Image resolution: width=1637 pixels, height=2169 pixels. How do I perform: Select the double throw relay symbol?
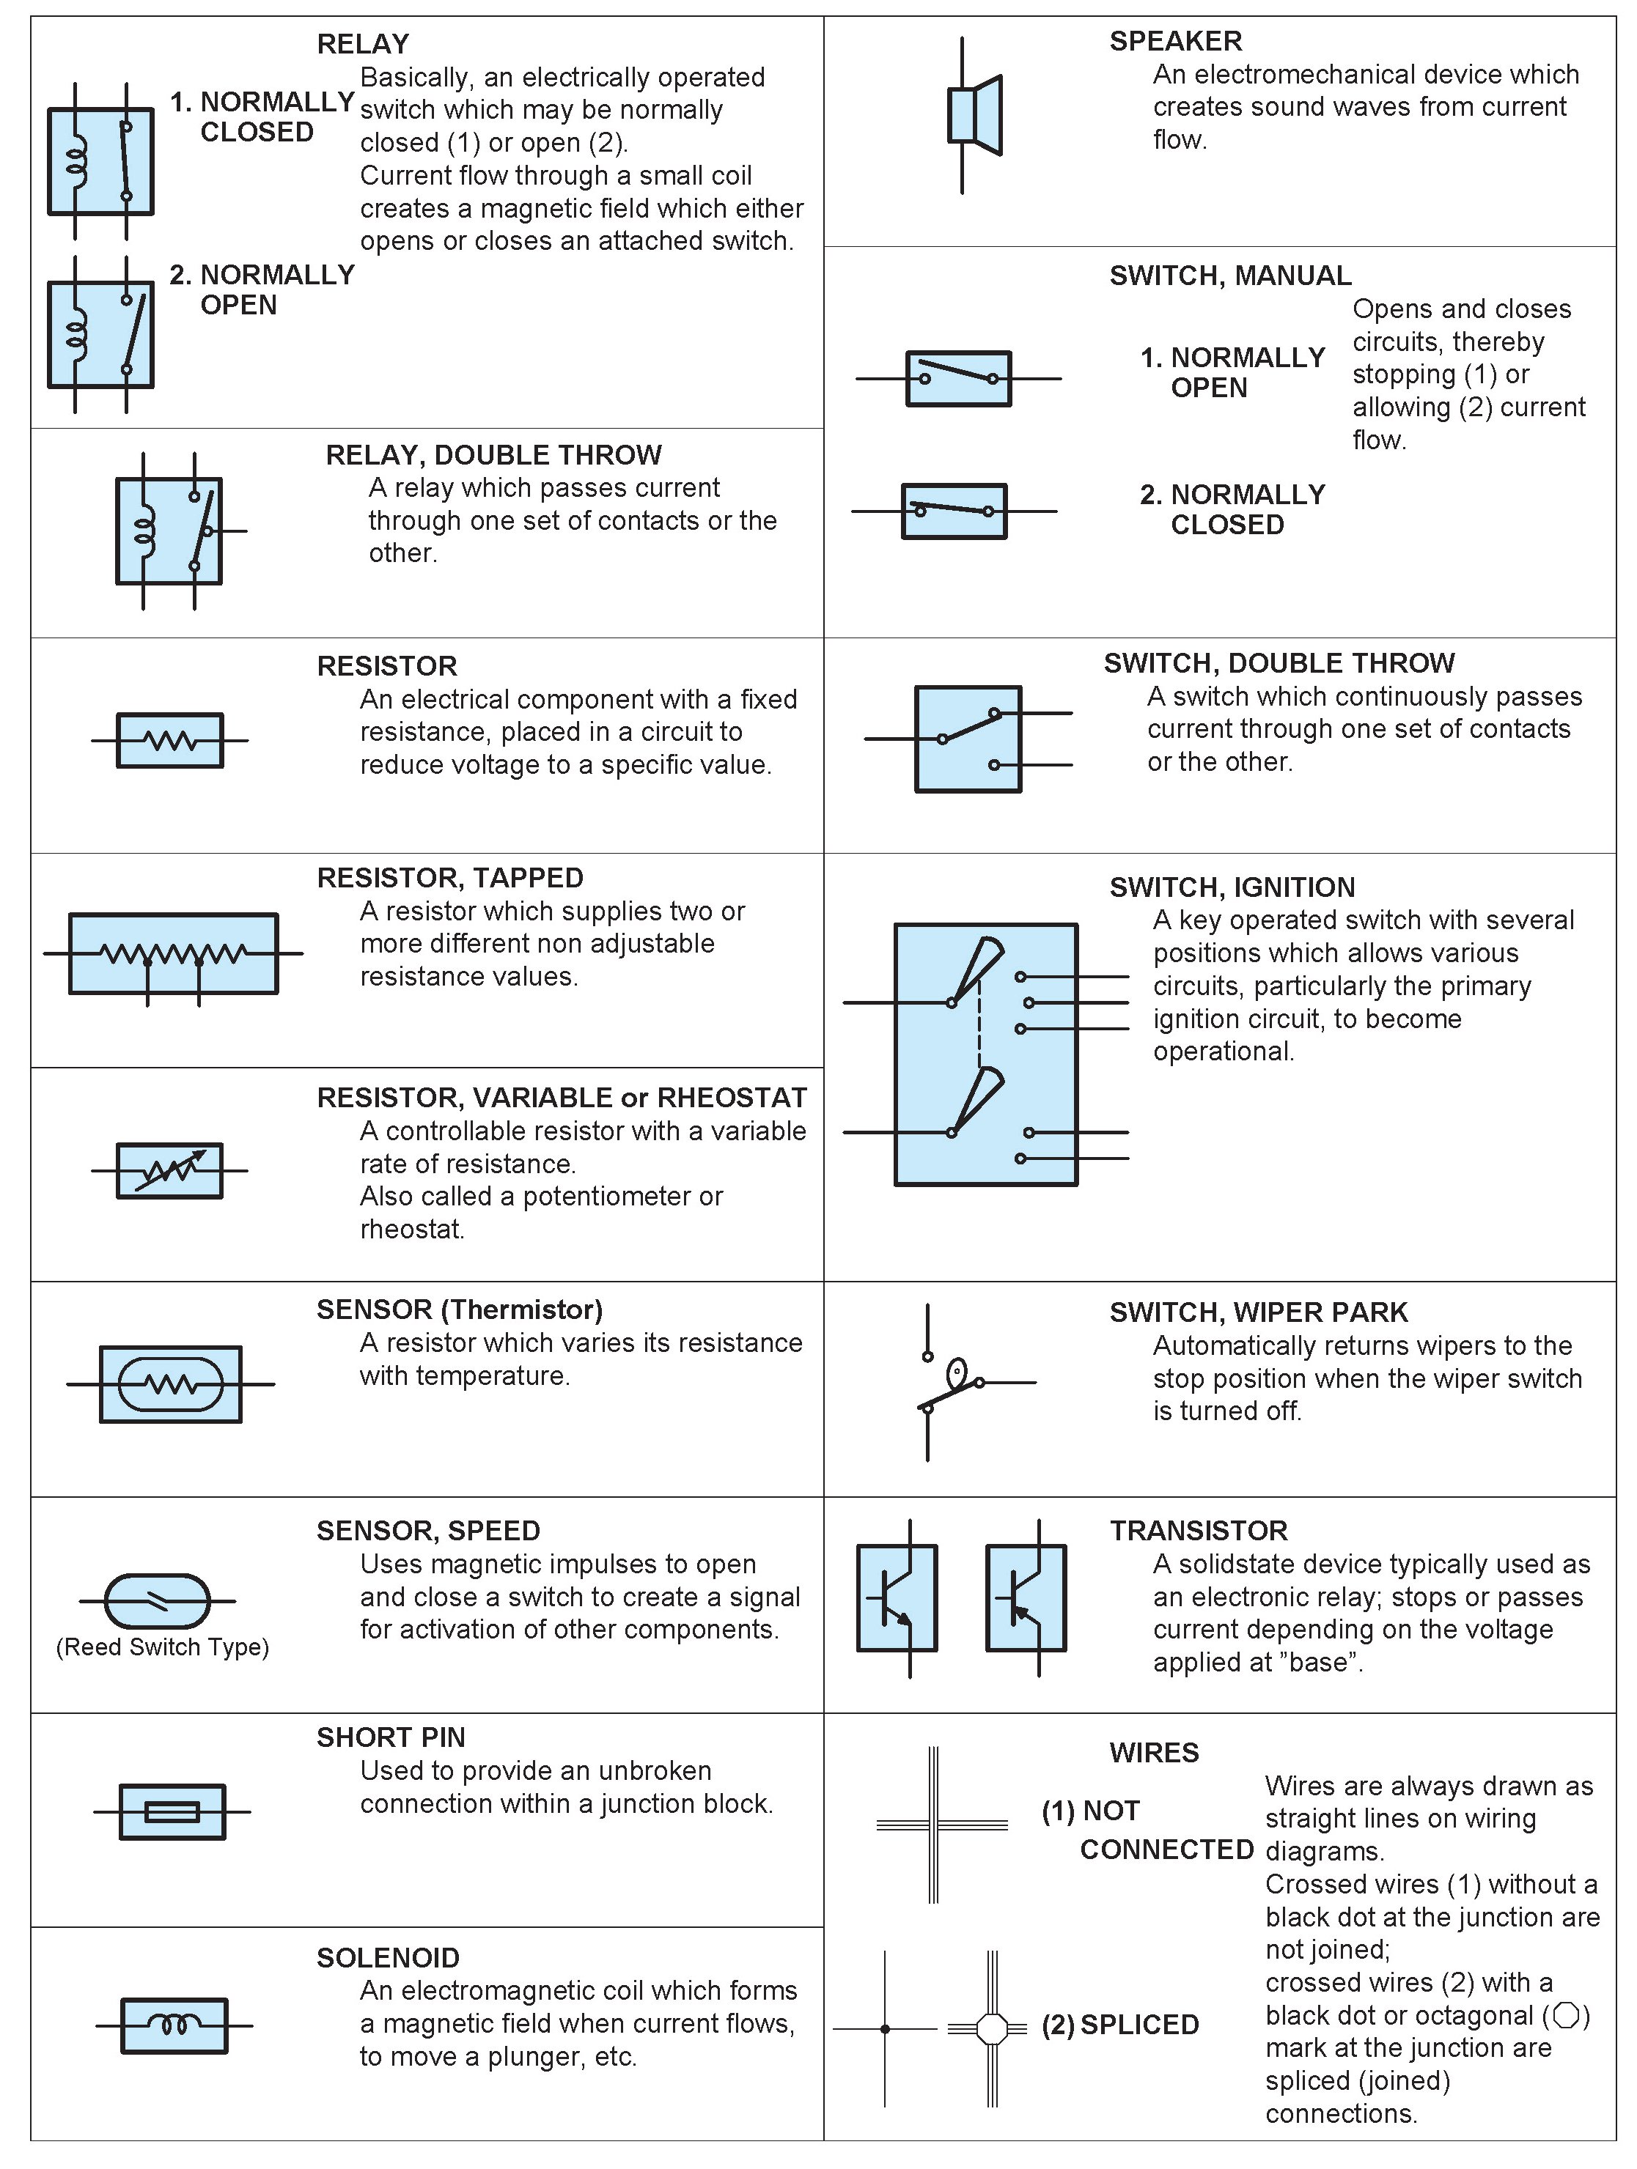pos(169,531)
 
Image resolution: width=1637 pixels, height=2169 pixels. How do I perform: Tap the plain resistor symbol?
pos(169,739)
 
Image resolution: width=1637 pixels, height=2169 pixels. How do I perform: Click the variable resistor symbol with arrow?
pos(169,1170)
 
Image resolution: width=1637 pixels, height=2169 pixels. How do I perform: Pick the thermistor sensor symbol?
pos(171,1383)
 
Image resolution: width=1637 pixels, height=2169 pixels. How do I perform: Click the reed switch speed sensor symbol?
pos(157,1600)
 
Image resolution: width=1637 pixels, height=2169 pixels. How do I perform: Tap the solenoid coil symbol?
pos(174,2025)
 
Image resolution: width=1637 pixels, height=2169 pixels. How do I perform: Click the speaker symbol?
pos(974,115)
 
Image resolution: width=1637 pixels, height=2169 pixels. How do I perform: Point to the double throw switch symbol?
pos(968,739)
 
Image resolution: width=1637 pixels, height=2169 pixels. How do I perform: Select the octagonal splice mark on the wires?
pos(993,2028)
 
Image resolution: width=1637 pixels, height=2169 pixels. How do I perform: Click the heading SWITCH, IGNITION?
pos(1232,887)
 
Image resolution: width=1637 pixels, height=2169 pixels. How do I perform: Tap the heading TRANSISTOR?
pos(1199,1531)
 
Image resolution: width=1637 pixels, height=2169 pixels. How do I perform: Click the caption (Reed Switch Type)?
pos(163,1647)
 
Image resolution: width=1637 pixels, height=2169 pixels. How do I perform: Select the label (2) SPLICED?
pos(1120,2025)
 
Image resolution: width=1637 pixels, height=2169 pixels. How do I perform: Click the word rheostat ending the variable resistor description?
pos(412,1229)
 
